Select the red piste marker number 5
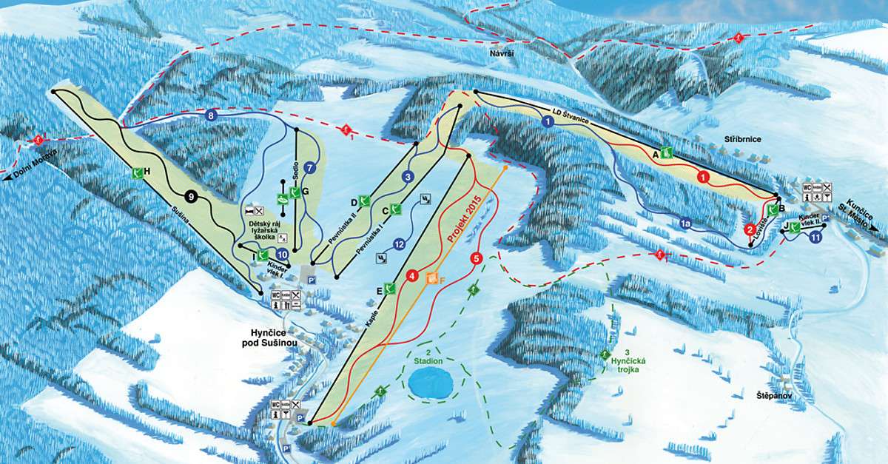(x=476, y=258)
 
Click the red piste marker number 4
(x=412, y=277)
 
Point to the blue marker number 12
(x=399, y=243)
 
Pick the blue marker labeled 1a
(x=685, y=222)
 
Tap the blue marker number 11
(x=815, y=238)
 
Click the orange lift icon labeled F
(x=432, y=280)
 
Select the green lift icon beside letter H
(x=136, y=172)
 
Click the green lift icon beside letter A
(x=667, y=153)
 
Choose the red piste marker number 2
(x=749, y=230)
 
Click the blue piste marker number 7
(x=310, y=168)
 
